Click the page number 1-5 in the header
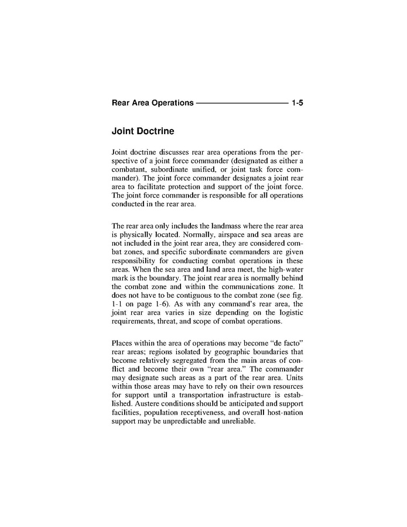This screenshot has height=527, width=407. pyautogui.click(x=296, y=103)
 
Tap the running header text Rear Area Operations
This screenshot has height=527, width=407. pyautogui.click(x=152, y=103)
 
